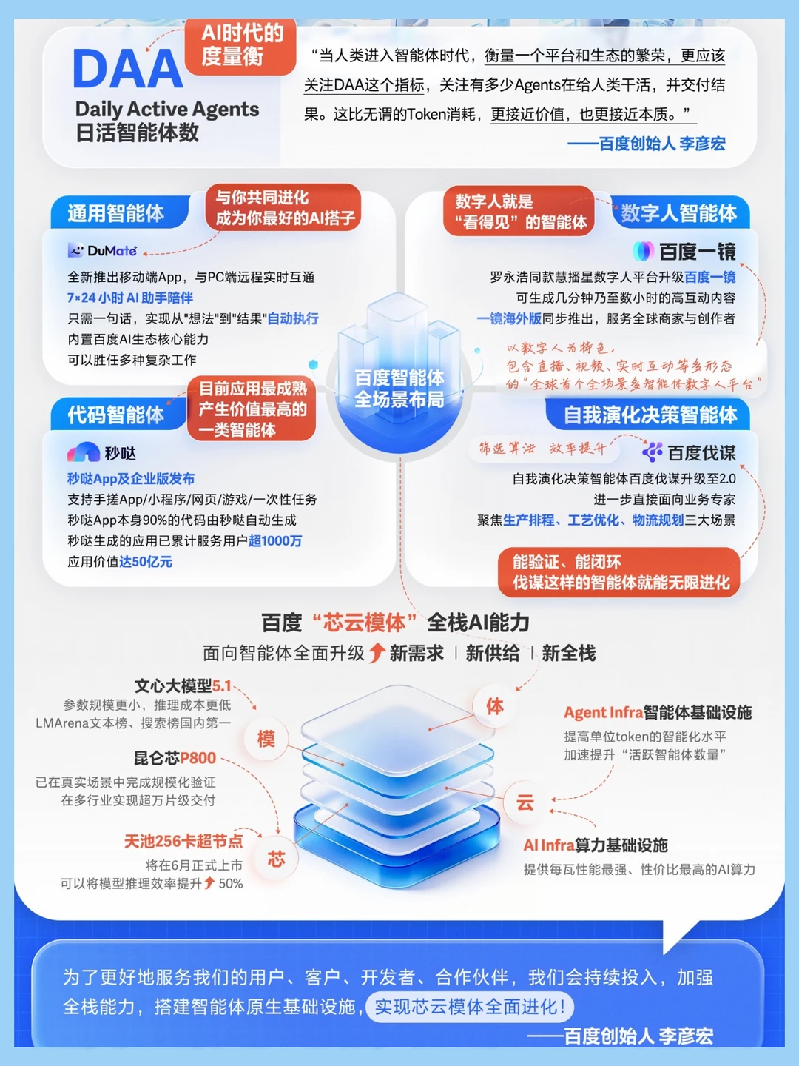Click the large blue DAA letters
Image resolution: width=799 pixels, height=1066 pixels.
coord(128,69)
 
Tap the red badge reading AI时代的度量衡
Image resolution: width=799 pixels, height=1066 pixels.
coord(240,46)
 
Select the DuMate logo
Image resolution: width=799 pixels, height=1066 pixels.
coord(102,251)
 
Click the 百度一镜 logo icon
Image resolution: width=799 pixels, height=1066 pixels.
coord(644,251)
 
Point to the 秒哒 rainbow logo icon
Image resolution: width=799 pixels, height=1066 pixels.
coord(84,452)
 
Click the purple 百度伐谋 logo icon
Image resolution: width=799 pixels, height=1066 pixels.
coord(653,452)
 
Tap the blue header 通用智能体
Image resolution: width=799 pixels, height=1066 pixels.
coord(116,213)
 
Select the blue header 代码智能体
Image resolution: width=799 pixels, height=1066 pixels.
coord(116,415)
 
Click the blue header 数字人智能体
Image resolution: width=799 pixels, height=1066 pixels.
coord(678,213)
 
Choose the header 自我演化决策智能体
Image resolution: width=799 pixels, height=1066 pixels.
coord(650,415)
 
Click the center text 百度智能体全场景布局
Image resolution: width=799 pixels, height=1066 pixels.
coord(399,388)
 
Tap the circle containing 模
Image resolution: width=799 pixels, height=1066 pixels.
coord(266,739)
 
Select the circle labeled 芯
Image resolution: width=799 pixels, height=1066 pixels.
coord(277,859)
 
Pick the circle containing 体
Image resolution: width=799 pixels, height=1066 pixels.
coord(495,705)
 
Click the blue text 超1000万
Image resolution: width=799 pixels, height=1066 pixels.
coord(275,540)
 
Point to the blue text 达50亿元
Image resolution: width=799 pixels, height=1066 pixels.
coord(146,561)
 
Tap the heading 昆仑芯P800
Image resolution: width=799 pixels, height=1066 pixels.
coord(175,757)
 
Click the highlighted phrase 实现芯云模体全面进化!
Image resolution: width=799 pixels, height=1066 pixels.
coord(469,1006)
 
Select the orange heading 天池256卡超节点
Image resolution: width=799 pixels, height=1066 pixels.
coord(183,841)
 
